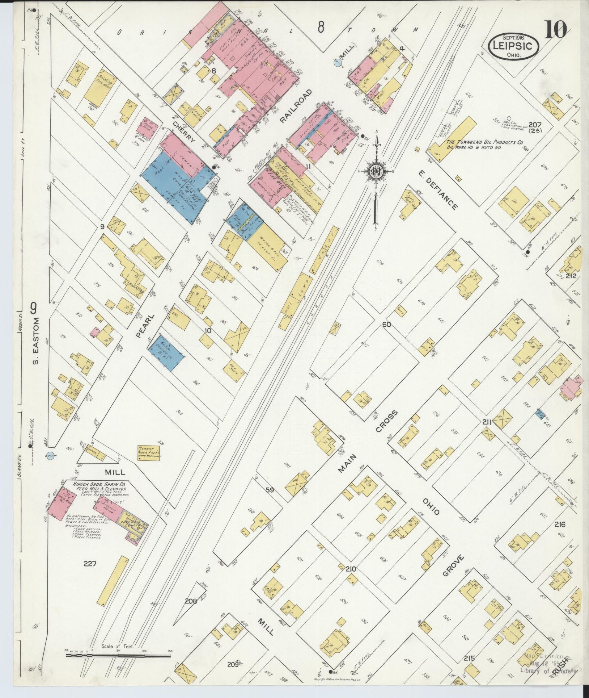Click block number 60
[x=387, y=325]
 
